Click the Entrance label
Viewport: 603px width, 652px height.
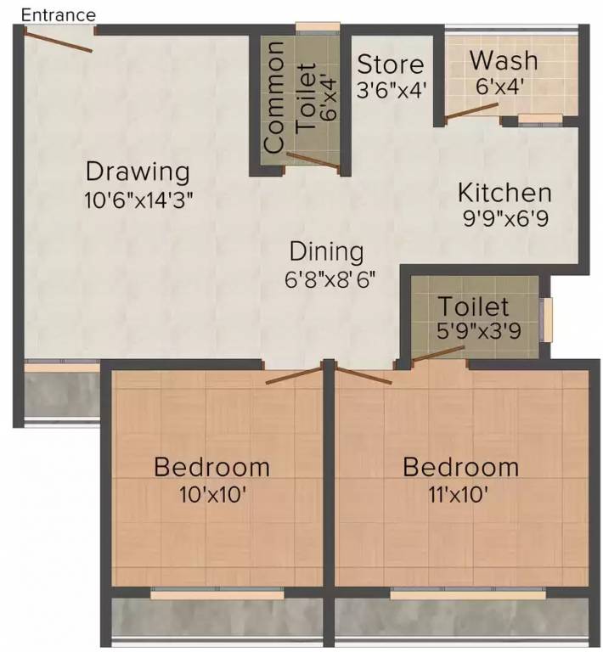tap(59, 15)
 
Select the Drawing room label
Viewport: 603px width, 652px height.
tap(138, 171)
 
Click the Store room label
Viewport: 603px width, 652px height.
tap(390, 65)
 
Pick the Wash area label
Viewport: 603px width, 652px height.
tap(504, 61)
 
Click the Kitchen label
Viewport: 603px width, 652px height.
tap(504, 192)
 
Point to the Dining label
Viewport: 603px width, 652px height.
tap(326, 251)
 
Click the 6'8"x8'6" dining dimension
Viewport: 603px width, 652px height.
tap(330, 278)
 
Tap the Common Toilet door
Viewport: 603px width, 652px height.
tap(312, 161)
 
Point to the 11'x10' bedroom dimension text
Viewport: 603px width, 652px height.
tap(459, 494)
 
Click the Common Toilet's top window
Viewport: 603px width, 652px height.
tap(317, 27)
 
